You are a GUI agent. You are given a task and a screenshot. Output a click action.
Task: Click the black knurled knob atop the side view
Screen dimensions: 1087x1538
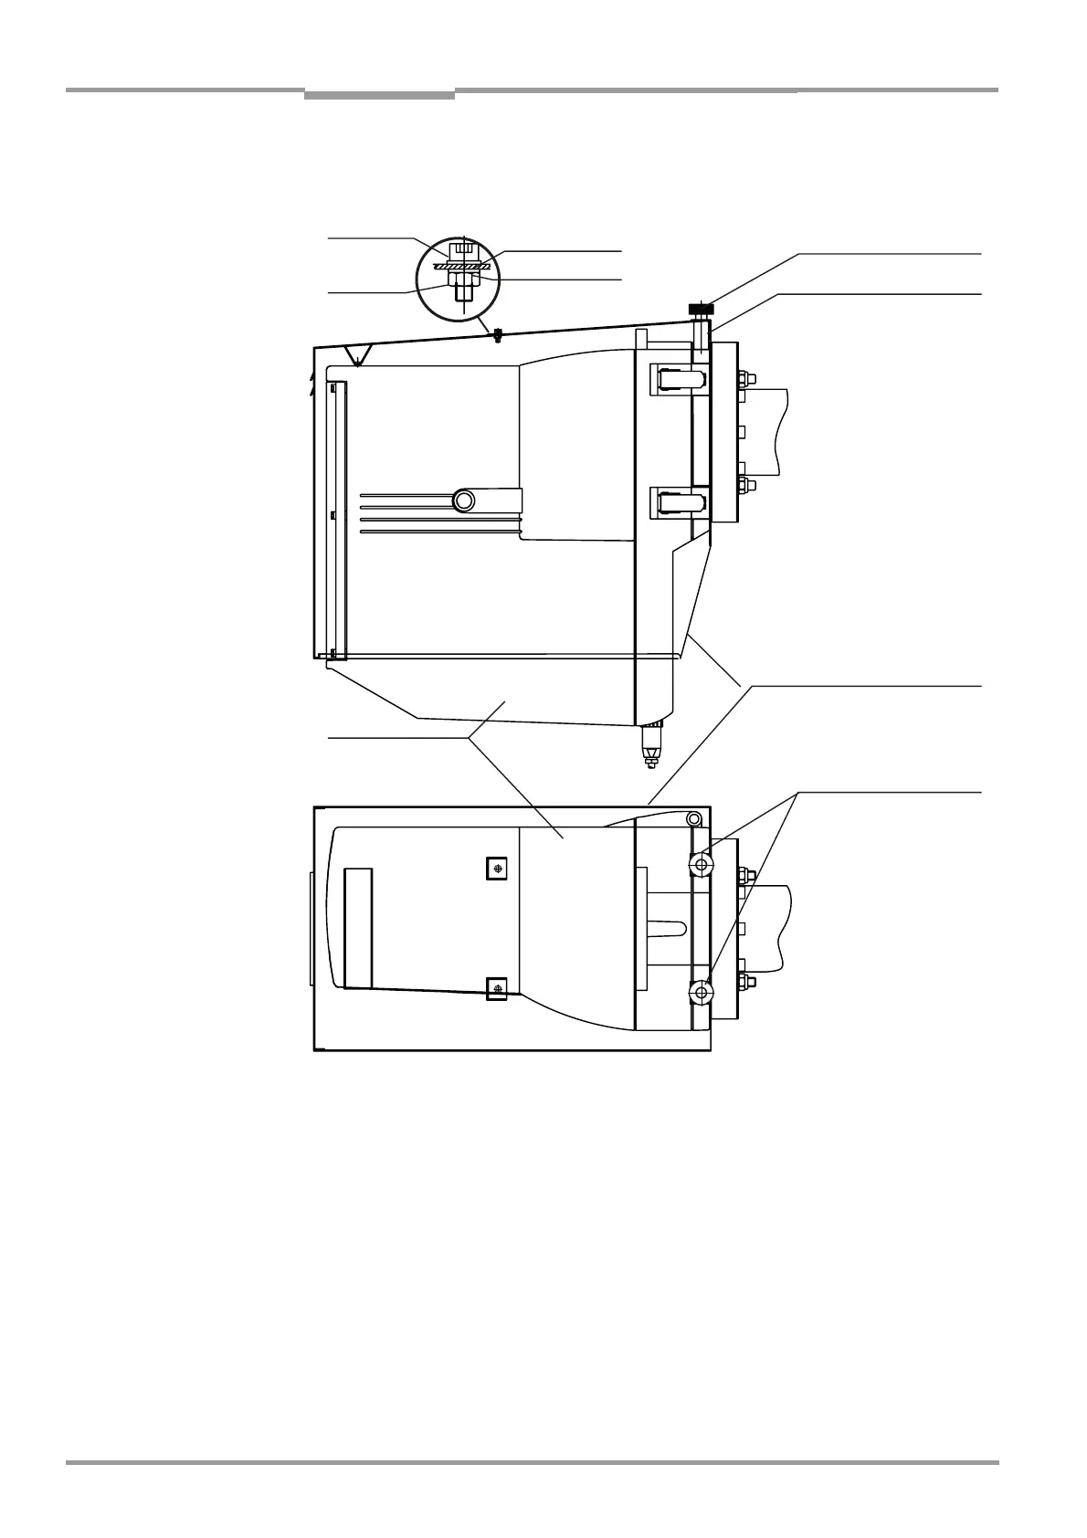[701, 311]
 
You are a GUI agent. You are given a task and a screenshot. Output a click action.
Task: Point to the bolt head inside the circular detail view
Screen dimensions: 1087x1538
[464, 248]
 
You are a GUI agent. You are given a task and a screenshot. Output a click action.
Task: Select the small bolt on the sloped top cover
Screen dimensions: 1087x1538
[497, 334]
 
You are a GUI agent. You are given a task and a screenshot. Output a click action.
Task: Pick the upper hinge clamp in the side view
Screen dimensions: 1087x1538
[677, 379]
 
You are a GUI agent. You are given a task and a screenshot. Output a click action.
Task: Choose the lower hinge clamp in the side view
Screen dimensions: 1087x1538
[677, 501]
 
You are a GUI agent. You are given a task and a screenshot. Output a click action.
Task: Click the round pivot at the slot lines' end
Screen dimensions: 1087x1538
[464, 500]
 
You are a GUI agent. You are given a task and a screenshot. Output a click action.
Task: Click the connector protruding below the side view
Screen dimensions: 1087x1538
[651, 745]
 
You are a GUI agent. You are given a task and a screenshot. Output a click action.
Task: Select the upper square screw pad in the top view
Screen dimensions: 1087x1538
[496, 869]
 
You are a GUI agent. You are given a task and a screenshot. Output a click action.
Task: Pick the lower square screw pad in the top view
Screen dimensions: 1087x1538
[496, 988]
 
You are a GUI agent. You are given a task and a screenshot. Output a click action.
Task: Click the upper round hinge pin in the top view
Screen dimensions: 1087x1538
[701, 864]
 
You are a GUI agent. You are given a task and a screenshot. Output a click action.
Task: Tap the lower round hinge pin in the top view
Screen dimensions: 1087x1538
[701, 992]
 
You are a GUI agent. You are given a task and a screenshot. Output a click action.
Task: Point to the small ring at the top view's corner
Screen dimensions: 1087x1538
[694, 817]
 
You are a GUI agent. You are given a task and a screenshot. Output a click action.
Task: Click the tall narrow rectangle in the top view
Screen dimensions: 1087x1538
[358, 928]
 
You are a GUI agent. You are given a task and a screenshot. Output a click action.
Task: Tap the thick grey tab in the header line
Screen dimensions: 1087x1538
[379, 94]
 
